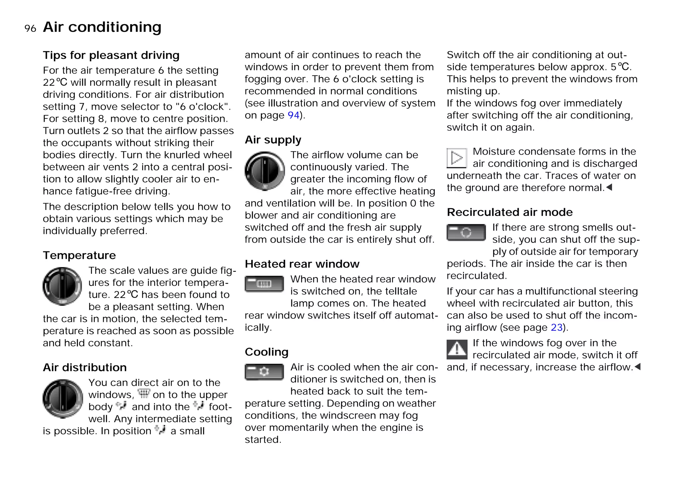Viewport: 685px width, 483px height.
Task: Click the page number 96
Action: (30, 28)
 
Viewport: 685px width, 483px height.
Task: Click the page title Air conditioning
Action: (102, 27)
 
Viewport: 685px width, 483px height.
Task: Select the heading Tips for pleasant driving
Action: (111, 55)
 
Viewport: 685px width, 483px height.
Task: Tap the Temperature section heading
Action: (79, 255)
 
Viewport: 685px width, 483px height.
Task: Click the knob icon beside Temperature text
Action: (62, 286)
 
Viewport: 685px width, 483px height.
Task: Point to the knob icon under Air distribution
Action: (63, 399)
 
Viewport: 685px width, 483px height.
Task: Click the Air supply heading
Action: (273, 140)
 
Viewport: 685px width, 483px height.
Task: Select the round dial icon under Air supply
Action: (265, 171)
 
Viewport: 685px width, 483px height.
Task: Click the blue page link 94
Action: (293, 115)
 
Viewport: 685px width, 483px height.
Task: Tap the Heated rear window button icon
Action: (264, 284)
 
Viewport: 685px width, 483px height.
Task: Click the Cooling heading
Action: (267, 352)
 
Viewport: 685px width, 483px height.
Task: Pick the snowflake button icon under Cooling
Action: (264, 372)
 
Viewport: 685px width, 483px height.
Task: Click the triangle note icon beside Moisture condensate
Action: (457, 158)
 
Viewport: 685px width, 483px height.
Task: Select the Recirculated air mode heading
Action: (510, 212)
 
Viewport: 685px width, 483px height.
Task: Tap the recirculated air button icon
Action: (466, 233)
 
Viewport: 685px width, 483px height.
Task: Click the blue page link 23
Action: (557, 327)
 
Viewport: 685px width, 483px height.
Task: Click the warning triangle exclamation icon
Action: (457, 349)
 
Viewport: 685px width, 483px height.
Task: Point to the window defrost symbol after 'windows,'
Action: (144, 394)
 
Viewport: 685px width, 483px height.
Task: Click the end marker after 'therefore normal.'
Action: (609, 187)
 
